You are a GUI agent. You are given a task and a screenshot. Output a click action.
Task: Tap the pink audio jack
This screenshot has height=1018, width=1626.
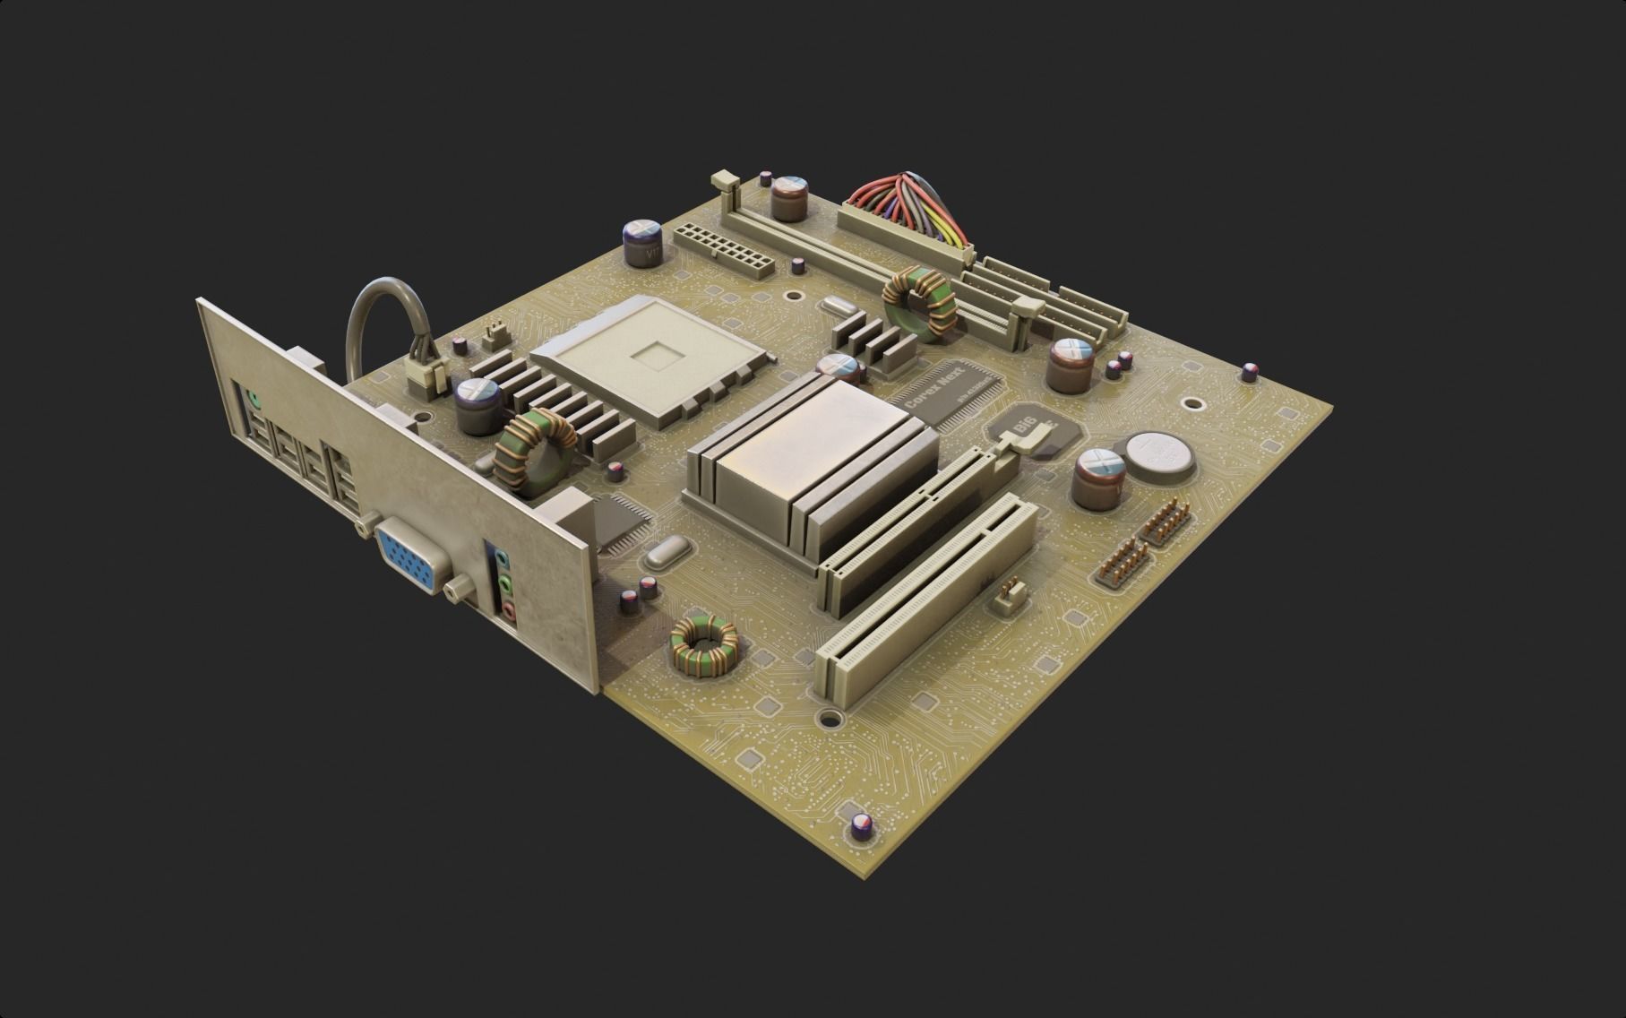tap(509, 611)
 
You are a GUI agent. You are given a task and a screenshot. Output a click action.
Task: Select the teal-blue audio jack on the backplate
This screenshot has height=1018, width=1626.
tap(503, 561)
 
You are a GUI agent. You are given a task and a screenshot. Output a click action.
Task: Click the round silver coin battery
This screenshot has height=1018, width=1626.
tap(1159, 455)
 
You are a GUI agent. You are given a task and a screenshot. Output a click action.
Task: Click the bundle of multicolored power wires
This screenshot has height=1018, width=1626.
tap(905, 211)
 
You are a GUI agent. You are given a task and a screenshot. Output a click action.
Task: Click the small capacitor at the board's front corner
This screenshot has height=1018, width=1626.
tap(862, 825)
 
